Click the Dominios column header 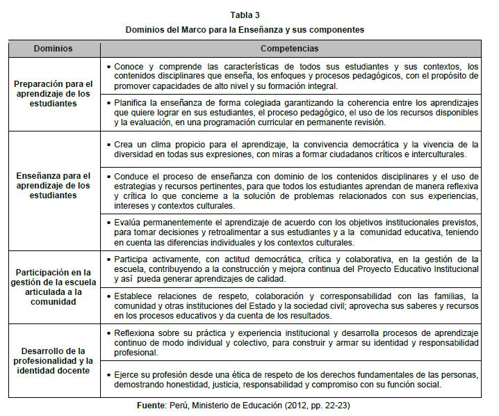click(54, 49)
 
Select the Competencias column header click(290, 49)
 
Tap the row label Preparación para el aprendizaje click(54, 93)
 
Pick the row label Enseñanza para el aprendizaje click(54, 186)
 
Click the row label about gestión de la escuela click(54, 286)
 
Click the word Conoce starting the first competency click(129, 66)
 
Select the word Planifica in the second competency click(132, 102)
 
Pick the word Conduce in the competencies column click(132, 176)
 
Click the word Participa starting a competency click(133, 259)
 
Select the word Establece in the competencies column click(134, 296)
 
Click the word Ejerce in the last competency click(128, 374)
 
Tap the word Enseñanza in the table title click(284, 30)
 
